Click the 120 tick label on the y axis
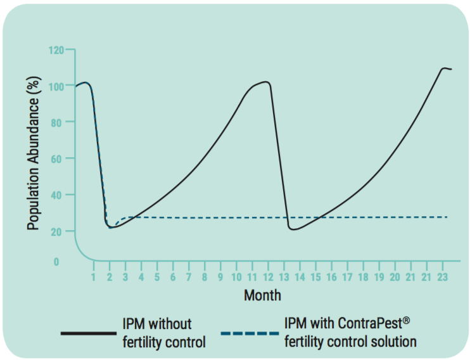coord(56,49)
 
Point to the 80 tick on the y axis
coord(58,122)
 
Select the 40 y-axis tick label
coord(58,195)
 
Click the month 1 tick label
coord(93,278)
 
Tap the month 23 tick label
coord(442,278)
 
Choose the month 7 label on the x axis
coord(189,278)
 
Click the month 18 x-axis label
coord(363,278)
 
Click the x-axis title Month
coord(262,295)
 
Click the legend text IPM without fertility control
coord(164,333)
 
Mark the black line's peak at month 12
coord(267,82)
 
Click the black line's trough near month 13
coord(293,229)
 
